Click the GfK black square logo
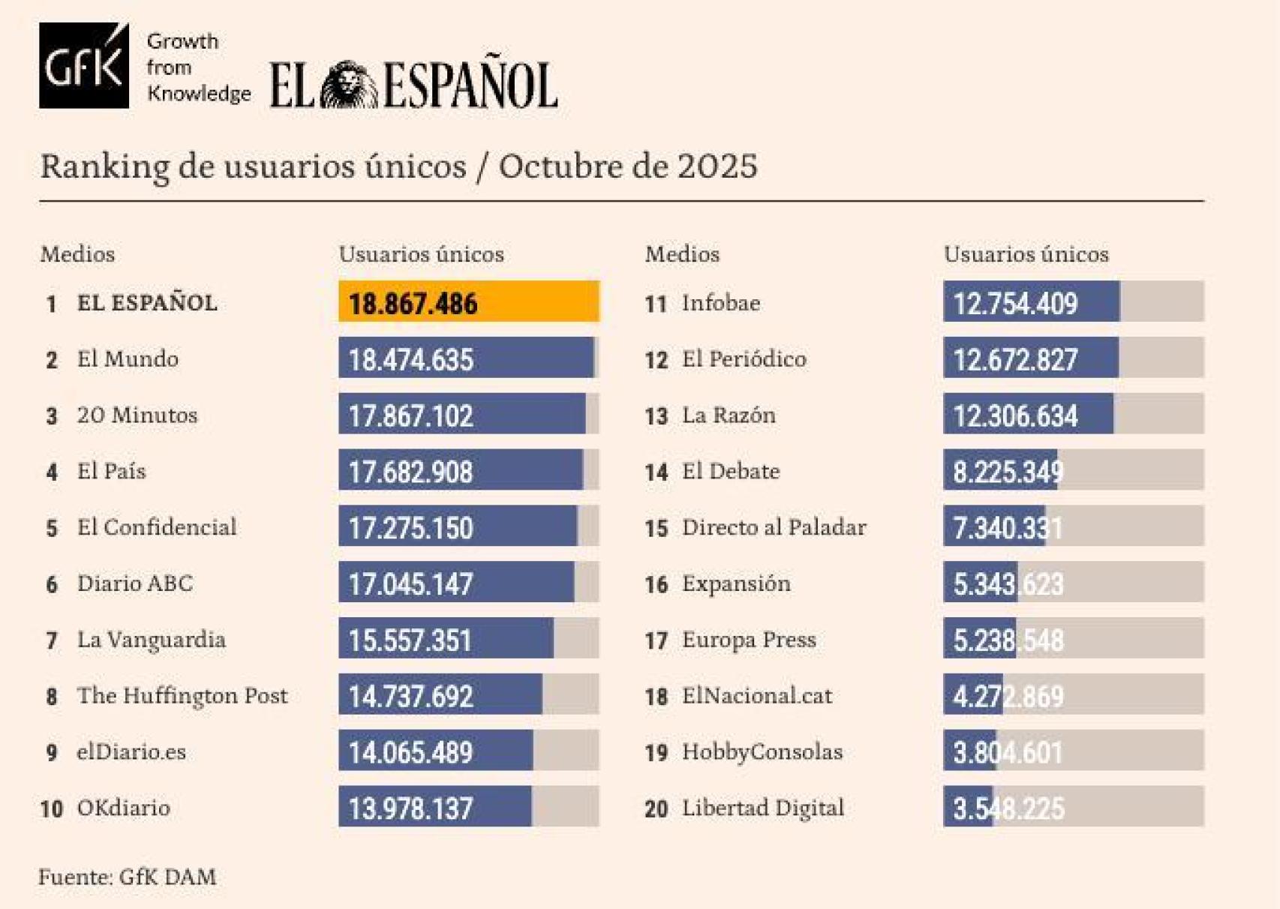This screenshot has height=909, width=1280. point(83,65)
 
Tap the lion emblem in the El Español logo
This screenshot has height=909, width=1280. point(349,85)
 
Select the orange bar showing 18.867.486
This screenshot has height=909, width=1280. point(468,302)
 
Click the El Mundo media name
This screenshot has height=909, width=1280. point(128,359)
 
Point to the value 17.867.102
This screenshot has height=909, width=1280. point(410,415)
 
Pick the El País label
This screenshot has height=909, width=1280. point(111,471)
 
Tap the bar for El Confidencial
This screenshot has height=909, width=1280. point(458,526)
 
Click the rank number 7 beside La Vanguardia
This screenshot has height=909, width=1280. point(52,640)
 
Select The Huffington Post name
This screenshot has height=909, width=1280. point(182,696)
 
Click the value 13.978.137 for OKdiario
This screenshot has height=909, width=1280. point(410,808)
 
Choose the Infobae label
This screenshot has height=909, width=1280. point(720,303)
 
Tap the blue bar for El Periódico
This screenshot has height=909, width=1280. point(1030,358)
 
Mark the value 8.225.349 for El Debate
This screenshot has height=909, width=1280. point(1007,472)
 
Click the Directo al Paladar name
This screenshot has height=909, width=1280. point(774,527)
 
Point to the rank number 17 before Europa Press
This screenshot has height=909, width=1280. point(656,640)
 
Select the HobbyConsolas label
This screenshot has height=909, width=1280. point(762,751)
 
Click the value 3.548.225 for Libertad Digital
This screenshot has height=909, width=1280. point(1008,808)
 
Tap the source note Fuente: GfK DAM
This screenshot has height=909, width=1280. point(128,876)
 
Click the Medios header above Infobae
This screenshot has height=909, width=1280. point(682,254)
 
